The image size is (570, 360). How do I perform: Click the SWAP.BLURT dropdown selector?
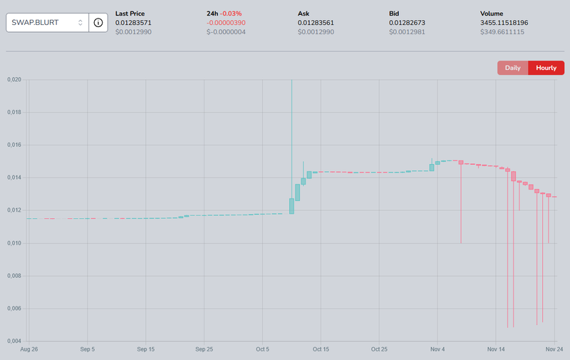47,23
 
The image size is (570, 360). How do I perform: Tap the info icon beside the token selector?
98,23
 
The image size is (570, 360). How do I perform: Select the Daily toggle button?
513,68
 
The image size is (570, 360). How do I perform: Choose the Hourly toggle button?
546,68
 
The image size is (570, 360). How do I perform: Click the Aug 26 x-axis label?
29,349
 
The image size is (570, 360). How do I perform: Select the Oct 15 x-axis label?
321,349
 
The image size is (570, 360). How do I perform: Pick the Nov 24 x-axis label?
554,349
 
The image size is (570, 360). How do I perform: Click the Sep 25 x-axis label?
204,349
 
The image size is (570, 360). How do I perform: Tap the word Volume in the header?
492,14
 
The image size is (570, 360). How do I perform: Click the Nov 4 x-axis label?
437,349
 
